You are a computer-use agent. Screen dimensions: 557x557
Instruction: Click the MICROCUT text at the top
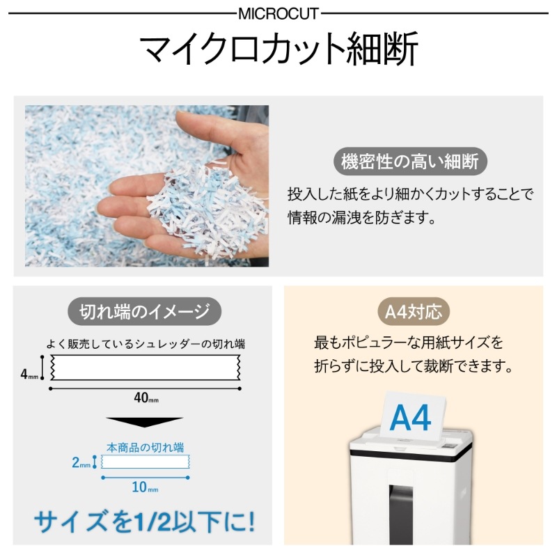pos(278,14)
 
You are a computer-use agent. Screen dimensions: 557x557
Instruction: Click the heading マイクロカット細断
pos(279,49)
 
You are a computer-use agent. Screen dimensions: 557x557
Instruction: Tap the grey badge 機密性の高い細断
pos(410,162)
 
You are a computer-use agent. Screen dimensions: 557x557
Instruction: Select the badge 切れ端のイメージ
pos(144,311)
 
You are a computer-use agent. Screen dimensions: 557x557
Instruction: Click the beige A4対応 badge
pos(414,312)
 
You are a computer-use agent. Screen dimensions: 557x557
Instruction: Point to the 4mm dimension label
pos(29,374)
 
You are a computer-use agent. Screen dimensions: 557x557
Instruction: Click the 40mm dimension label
pos(146,398)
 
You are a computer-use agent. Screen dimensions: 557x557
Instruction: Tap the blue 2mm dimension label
pos(81,462)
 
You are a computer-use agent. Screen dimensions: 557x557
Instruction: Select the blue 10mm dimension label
pos(145,487)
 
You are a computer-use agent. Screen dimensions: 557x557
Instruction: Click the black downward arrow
pos(145,422)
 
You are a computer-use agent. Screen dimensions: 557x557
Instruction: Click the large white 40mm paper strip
pos(145,368)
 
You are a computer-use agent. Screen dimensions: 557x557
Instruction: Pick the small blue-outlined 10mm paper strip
pos(146,462)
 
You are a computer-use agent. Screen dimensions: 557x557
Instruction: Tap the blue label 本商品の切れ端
pos(146,447)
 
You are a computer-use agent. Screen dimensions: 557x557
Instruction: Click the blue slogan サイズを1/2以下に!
pos(145,521)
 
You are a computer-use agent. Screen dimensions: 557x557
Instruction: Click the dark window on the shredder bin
pos(401,514)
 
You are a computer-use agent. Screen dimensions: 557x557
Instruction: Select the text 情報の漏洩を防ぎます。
pos(361,218)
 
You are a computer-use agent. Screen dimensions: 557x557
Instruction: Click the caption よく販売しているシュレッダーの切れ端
pos(146,344)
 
